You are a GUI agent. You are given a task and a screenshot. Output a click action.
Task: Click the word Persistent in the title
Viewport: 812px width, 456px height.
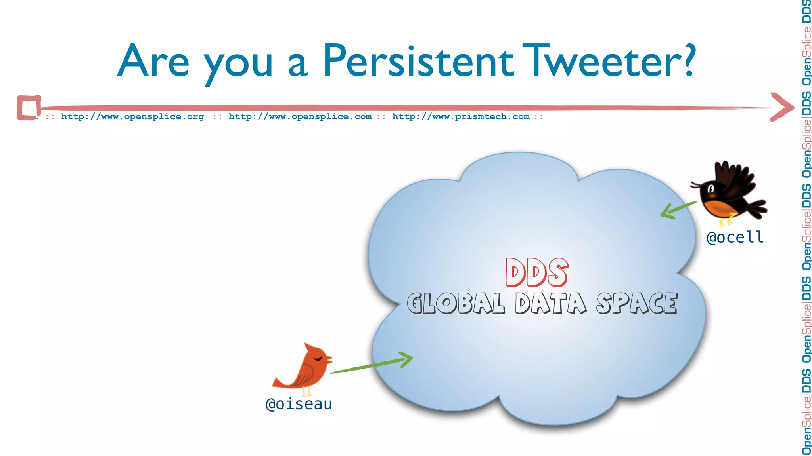(x=418, y=61)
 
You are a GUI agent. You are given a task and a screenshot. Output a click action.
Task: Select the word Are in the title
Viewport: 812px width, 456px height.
(x=153, y=61)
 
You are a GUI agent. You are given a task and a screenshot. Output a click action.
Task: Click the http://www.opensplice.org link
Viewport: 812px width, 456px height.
(x=132, y=117)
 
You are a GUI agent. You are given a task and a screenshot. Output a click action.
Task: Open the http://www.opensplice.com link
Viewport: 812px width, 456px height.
(x=300, y=117)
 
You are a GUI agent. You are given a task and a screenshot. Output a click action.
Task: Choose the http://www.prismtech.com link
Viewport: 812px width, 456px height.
(x=461, y=117)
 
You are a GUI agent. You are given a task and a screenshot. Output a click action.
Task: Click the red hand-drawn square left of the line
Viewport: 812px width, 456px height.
(x=29, y=107)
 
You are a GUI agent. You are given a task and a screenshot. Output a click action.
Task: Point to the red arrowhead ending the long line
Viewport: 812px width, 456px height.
(x=782, y=107)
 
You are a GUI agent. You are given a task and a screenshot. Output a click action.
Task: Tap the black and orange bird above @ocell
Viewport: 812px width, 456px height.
(x=728, y=192)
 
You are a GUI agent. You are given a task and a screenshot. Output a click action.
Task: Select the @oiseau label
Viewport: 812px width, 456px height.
(x=299, y=404)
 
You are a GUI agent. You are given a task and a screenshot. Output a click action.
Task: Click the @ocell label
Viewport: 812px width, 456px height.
(x=735, y=237)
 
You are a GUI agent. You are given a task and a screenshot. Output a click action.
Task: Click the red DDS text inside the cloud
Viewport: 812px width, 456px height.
(x=537, y=273)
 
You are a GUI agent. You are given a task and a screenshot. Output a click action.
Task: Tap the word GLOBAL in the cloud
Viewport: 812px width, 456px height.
(x=456, y=304)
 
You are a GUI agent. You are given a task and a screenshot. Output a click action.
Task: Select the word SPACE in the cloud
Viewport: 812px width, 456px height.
(x=637, y=304)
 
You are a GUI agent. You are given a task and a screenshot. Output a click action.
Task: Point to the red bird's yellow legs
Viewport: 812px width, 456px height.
(x=307, y=392)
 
